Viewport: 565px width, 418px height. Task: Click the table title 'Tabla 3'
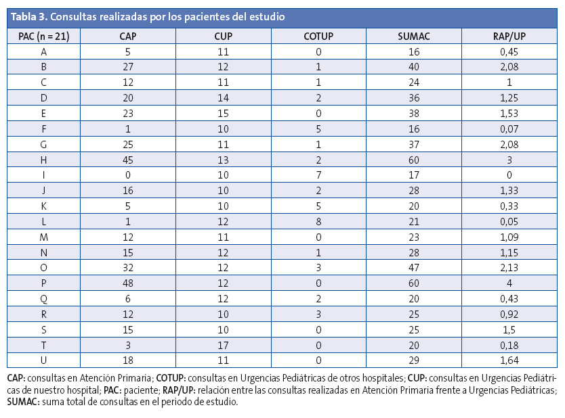coord(28,16)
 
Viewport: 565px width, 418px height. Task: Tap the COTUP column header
coord(318,35)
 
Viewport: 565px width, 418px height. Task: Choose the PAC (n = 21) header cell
coord(43,35)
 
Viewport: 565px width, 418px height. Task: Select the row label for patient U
coord(44,361)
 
